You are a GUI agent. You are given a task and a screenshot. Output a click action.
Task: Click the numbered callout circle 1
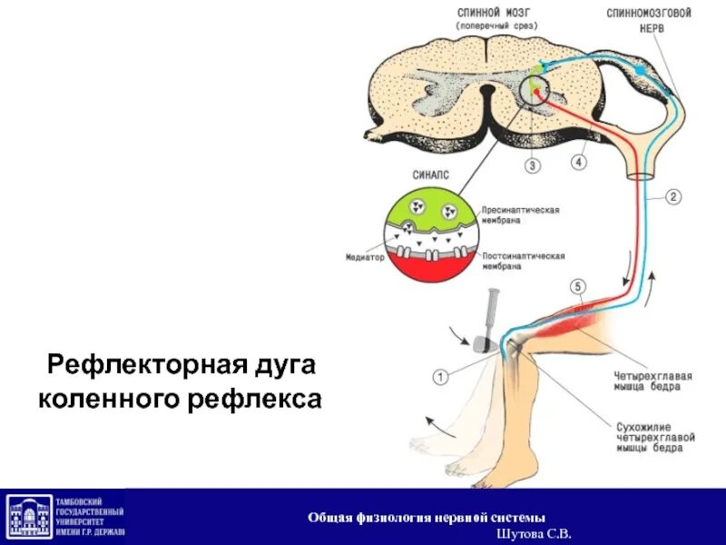pos(439,374)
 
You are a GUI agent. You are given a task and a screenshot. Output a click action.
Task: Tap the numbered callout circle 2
pos(672,195)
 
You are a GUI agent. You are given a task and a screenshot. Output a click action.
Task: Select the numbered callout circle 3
pos(533,165)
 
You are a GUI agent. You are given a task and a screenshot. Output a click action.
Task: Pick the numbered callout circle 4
pos(580,162)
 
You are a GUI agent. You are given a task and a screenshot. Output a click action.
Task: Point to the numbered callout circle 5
pos(577,288)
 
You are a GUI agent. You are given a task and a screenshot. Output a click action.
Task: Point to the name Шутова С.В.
pos(539,533)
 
